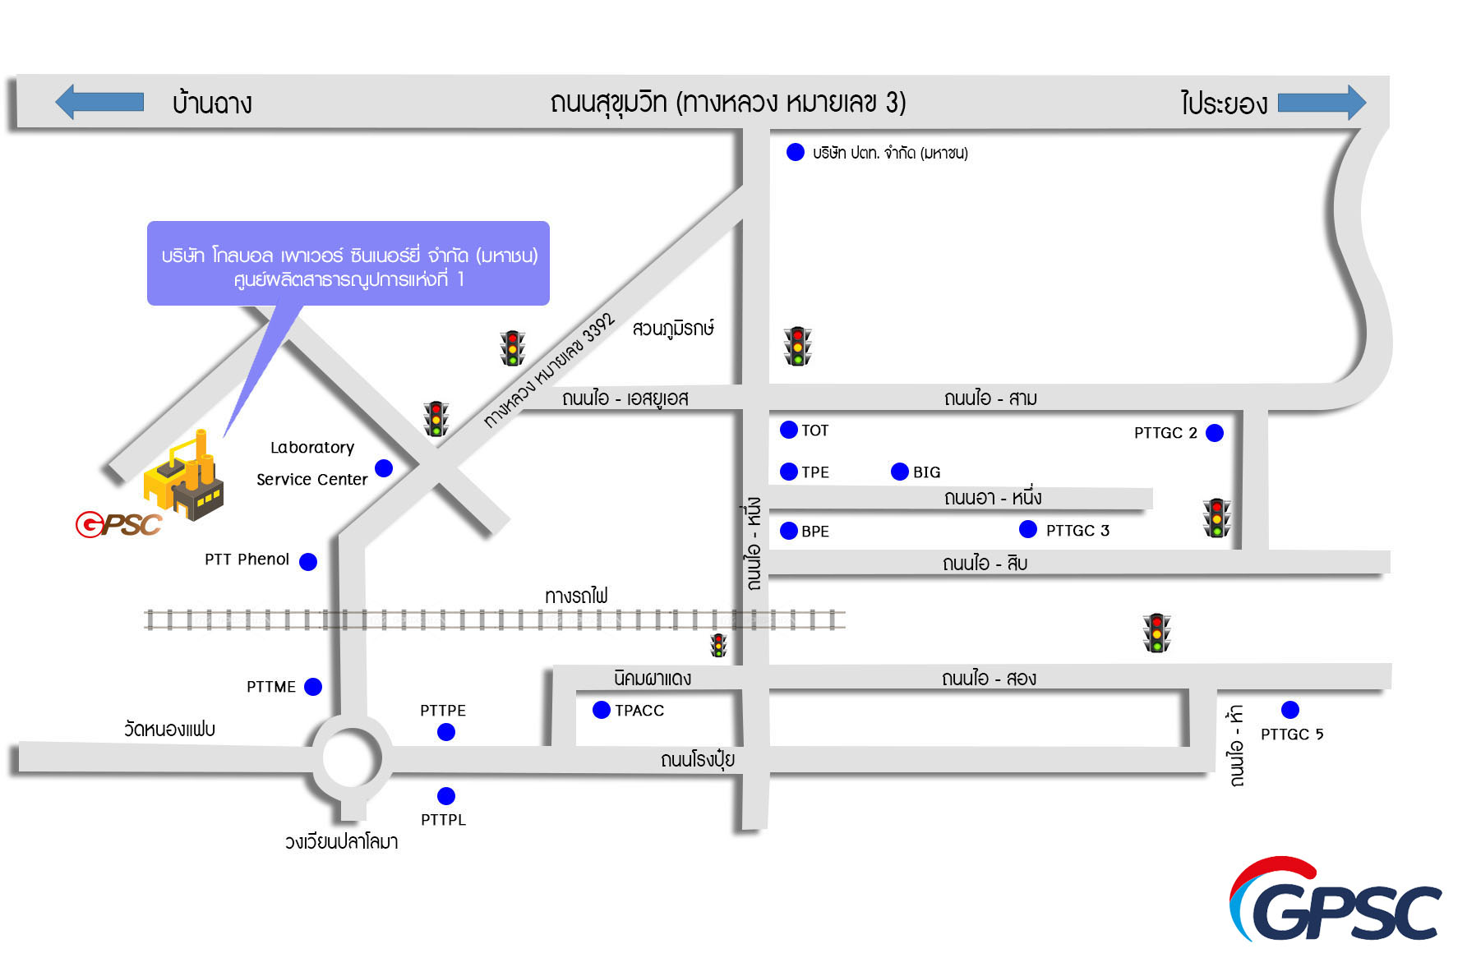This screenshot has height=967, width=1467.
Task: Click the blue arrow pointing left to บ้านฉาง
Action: tap(99, 102)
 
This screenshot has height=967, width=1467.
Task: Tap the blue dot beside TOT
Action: tap(789, 430)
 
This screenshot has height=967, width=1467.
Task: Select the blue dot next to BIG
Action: tap(900, 472)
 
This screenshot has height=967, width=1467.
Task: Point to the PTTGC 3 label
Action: tap(1077, 531)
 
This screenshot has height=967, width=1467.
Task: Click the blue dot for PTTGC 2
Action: tap(1215, 433)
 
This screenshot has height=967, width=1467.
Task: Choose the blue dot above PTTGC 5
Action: tap(1290, 710)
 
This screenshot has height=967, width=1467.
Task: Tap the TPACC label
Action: tap(639, 711)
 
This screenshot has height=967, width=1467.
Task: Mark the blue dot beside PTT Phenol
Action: tap(308, 562)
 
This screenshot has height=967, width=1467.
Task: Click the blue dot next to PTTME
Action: tap(313, 687)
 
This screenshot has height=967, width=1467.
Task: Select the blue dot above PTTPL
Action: tap(446, 795)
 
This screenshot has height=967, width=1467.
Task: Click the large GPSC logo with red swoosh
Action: tap(1336, 901)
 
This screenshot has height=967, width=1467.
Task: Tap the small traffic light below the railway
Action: tap(719, 645)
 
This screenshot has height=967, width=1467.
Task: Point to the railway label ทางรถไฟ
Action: tap(576, 596)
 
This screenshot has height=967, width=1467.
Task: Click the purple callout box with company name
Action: tap(348, 264)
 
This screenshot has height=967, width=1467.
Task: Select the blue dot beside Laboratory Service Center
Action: tap(384, 468)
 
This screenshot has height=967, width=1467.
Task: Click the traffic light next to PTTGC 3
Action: tap(1216, 518)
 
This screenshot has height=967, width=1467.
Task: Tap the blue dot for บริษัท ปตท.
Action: tap(796, 152)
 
